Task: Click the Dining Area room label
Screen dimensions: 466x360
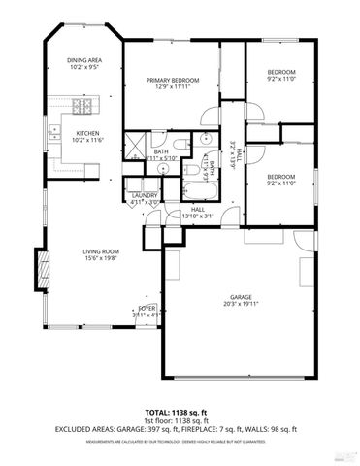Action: click(x=84, y=60)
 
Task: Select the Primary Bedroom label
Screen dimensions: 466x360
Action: click(x=173, y=80)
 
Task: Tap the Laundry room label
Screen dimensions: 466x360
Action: click(x=144, y=195)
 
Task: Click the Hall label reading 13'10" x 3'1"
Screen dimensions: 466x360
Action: click(x=197, y=216)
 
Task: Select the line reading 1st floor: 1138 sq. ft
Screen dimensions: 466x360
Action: click(x=180, y=421)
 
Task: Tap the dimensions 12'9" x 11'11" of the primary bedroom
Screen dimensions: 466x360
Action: click(x=173, y=87)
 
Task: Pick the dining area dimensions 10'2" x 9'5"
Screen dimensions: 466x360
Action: click(x=84, y=68)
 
